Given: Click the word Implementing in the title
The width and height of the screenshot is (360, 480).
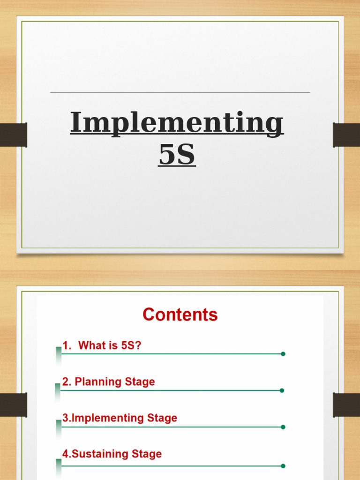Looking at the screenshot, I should point(177,123).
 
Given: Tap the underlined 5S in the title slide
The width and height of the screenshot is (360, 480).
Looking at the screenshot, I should point(177,155).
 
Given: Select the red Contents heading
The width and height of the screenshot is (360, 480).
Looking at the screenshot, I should point(180,314).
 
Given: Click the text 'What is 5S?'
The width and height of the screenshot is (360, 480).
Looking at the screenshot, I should point(110,345).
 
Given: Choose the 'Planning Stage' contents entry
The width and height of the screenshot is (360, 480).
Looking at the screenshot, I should point(108,382).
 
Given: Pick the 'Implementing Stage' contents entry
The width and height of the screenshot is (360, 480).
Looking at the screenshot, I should point(120,418).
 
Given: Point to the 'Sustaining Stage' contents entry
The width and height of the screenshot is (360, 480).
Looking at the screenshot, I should point(112,454).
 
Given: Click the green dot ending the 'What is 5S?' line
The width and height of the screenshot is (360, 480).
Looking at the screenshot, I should point(283,354).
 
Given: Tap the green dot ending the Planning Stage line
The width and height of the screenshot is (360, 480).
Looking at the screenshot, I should point(282,390).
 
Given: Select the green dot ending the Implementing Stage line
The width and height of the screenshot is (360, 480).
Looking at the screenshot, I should point(283,427).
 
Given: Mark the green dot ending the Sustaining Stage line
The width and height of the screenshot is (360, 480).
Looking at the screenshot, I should point(283,466).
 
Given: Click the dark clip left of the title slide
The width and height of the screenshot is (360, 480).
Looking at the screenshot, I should point(13,135).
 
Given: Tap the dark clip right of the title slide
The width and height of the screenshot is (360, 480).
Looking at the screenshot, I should point(346,135).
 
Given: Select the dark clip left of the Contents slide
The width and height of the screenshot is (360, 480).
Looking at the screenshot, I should point(13,405).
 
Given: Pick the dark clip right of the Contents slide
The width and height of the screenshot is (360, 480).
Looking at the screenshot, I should point(346,405).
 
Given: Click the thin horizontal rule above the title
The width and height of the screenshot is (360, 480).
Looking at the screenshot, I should point(180,93).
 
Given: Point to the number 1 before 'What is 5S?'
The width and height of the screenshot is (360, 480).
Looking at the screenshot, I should point(66,345).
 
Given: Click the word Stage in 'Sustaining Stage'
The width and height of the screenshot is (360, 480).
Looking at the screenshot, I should point(147,454).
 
